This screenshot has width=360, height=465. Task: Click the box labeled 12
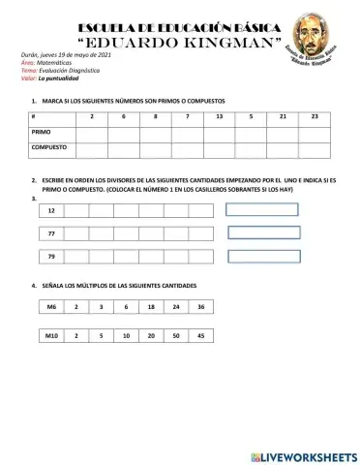[x=51, y=210]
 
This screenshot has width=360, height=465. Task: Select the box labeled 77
[x=51, y=233]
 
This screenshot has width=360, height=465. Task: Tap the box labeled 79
[x=51, y=256]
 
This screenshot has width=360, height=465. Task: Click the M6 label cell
[x=52, y=306]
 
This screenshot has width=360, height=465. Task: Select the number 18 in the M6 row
[x=151, y=306]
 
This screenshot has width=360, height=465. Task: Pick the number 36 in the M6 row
[x=199, y=306]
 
